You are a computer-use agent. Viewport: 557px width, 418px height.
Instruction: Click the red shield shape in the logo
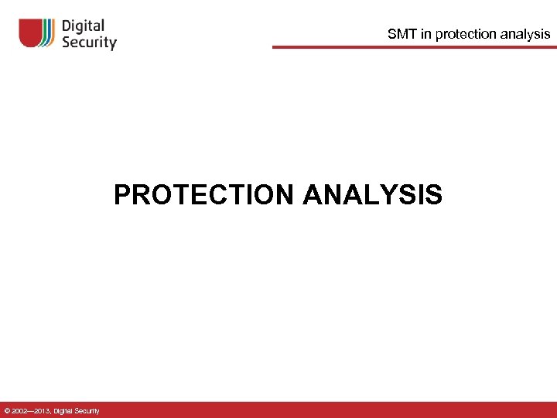(x=31, y=33)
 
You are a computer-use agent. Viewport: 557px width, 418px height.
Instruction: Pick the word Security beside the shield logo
(x=89, y=43)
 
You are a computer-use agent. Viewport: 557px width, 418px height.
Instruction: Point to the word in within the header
(x=427, y=34)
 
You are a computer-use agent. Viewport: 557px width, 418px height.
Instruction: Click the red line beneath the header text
(x=414, y=47)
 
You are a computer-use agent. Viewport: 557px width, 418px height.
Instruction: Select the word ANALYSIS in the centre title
(x=373, y=194)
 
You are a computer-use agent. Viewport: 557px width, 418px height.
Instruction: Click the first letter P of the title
(x=122, y=194)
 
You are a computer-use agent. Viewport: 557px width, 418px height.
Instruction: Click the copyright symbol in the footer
(x=7, y=411)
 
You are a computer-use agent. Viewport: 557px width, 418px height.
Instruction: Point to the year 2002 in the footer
(x=19, y=411)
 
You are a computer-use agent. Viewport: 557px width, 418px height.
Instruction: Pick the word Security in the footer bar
(x=87, y=411)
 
